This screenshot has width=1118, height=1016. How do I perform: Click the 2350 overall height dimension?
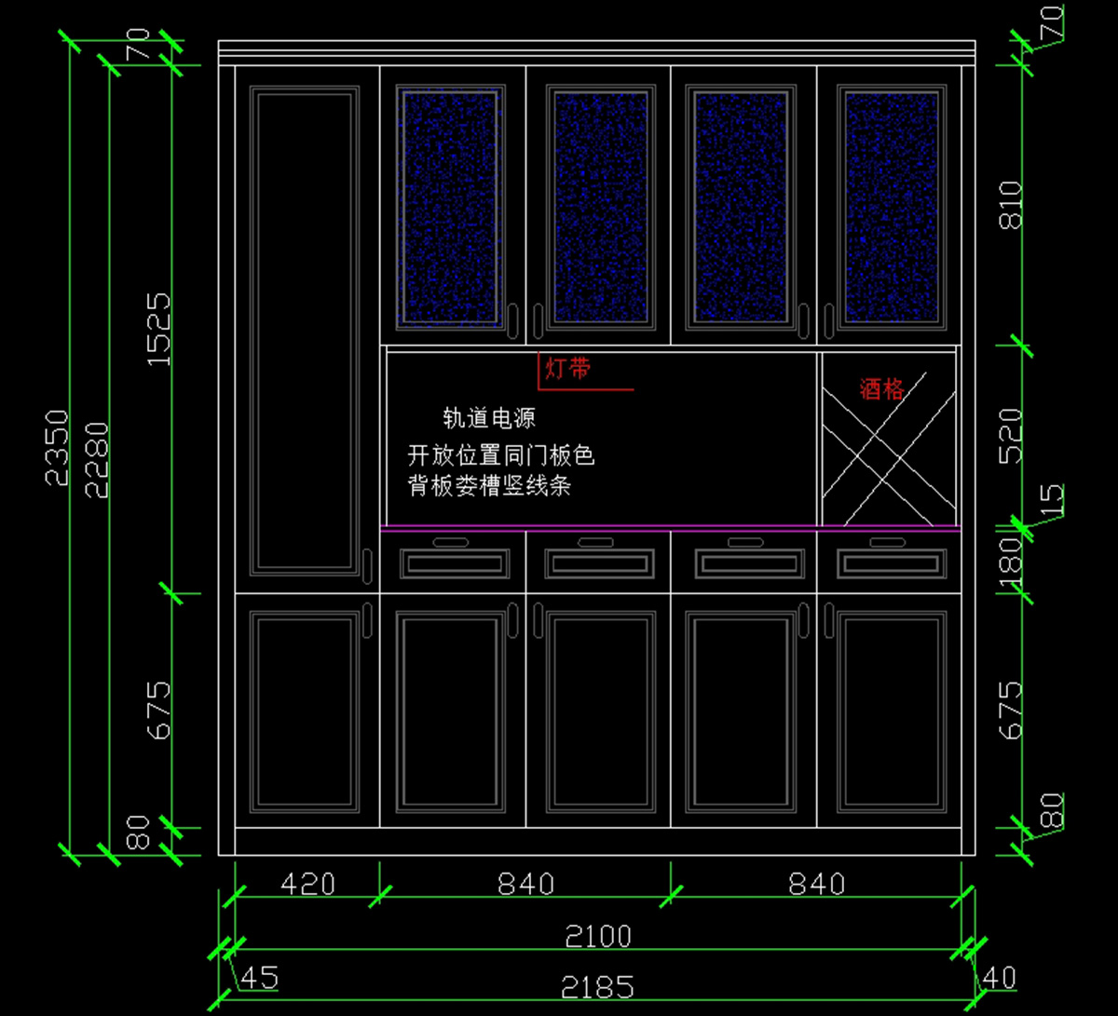click(58, 447)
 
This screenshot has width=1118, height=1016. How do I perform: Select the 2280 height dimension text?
click(97, 460)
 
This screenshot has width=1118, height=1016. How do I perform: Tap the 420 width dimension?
click(307, 883)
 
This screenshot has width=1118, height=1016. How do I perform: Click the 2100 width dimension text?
click(598, 936)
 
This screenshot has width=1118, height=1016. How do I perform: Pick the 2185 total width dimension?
click(598, 986)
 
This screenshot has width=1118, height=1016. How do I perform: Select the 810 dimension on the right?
click(1010, 205)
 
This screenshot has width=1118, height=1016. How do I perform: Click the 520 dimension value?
click(1010, 436)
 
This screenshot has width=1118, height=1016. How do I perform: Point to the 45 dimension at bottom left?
click(259, 978)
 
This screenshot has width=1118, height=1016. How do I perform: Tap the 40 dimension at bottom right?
click(999, 978)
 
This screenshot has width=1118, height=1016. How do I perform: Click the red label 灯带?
click(567, 369)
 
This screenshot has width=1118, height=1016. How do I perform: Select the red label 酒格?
click(881, 389)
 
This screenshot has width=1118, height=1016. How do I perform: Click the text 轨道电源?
click(489, 418)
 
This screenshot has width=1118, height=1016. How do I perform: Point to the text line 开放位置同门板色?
click(501, 455)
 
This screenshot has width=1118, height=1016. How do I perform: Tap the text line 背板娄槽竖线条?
click(489, 485)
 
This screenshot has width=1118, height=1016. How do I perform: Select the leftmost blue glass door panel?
click(452, 207)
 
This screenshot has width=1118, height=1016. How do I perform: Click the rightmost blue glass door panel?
click(891, 207)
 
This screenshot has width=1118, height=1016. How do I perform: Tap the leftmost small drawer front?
click(455, 562)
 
